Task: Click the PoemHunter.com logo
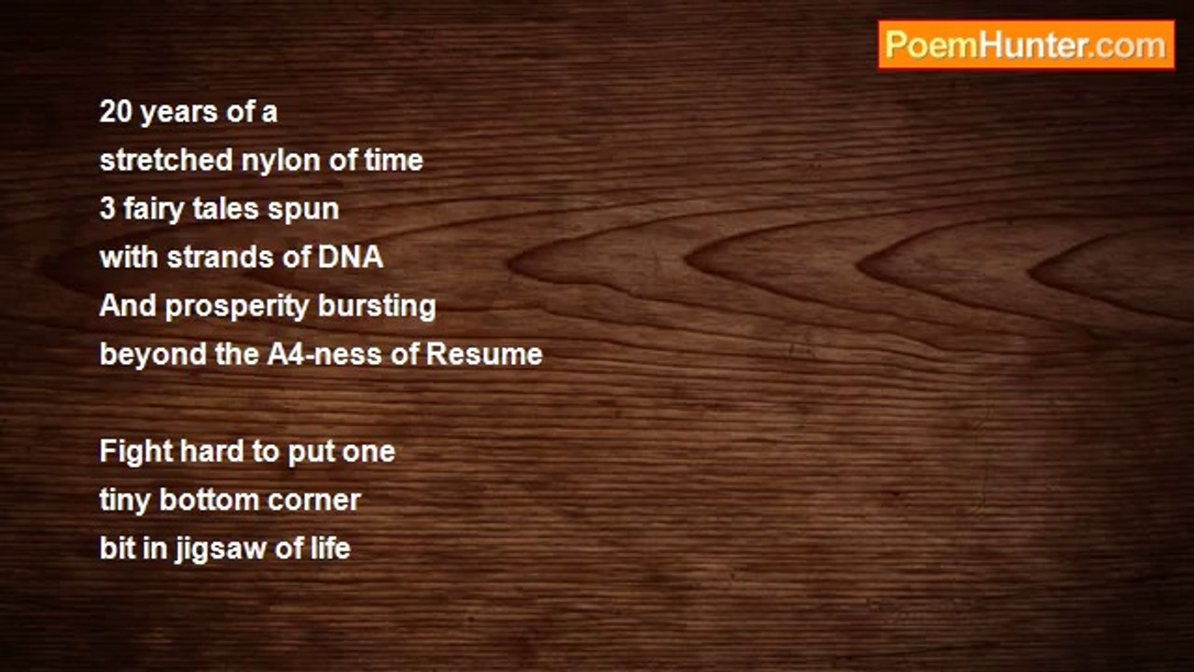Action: click(x=1026, y=46)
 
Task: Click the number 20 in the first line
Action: click(x=116, y=112)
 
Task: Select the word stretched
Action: click(x=166, y=160)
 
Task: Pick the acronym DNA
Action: click(x=351, y=257)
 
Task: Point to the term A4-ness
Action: click(x=325, y=354)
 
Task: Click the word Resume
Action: click(x=484, y=354)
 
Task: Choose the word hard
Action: click(x=212, y=451)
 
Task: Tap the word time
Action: click(x=394, y=160)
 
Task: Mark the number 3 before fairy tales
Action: click(x=107, y=209)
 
